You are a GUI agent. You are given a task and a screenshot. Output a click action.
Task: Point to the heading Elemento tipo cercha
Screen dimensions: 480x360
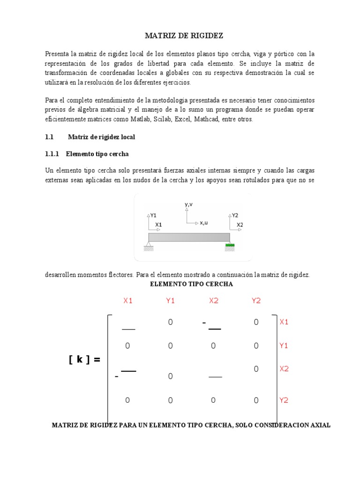click(97, 154)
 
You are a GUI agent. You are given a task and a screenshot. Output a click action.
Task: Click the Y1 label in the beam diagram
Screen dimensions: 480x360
click(153, 216)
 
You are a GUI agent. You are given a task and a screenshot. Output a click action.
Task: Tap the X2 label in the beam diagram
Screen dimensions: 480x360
click(240, 225)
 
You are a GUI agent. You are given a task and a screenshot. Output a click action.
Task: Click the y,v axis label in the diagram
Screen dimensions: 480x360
click(189, 205)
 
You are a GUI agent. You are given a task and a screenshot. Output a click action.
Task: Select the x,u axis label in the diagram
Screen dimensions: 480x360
click(203, 223)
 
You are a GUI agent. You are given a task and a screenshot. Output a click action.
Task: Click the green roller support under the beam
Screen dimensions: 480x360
click(230, 245)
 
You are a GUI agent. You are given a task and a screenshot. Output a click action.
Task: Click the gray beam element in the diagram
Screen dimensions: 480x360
click(189, 237)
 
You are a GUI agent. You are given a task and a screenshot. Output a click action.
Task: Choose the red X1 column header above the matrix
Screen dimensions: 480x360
click(128, 301)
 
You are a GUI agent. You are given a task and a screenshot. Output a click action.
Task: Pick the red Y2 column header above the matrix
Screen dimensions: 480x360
click(256, 301)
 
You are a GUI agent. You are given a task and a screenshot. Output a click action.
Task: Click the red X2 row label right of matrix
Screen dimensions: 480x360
click(284, 369)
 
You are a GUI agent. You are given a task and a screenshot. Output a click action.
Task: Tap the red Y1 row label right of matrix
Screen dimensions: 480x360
click(284, 346)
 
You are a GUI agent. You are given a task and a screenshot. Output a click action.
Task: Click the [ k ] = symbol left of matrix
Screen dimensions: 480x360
click(84, 360)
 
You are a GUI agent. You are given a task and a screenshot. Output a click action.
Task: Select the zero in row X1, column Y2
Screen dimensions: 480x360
click(256, 322)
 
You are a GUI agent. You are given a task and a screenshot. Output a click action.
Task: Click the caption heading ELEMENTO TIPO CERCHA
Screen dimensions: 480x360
click(191, 284)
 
